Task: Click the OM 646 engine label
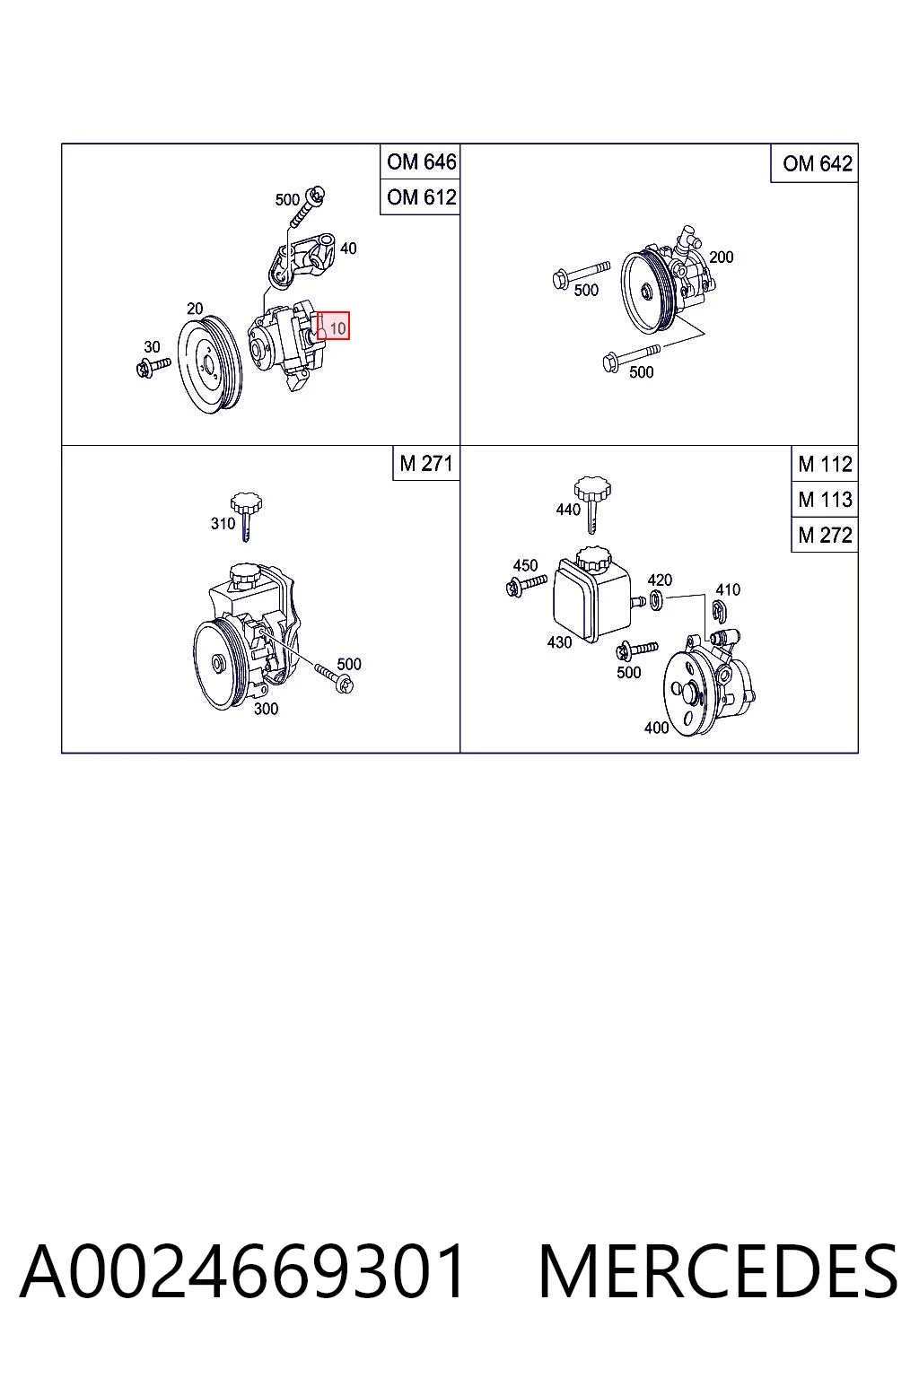click(x=421, y=161)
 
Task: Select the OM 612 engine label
click(x=421, y=196)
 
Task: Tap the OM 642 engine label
click(x=817, y=163)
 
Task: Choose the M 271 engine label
click(x=426, y=463)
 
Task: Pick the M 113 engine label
click(x=825, y=500)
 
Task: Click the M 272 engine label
click(x=825, y=536)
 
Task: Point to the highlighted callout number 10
click(x=338, y=328)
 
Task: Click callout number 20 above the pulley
click(x=195, y=309)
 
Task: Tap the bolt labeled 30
click(x=153, y=367)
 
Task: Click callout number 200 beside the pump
click(x=721, y=257)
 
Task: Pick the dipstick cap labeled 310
click(x=246, y=516)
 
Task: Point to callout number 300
click(x=266, y=709)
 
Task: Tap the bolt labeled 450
click(x=526, y=586)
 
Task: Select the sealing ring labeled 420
click(x=656, y=600)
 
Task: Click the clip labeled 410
click(x=718, y=612)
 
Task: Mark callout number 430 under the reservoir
click(x=559, y=642)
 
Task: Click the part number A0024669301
click(x=242, y=1271)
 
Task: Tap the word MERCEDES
click(x=718, y=1271)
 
